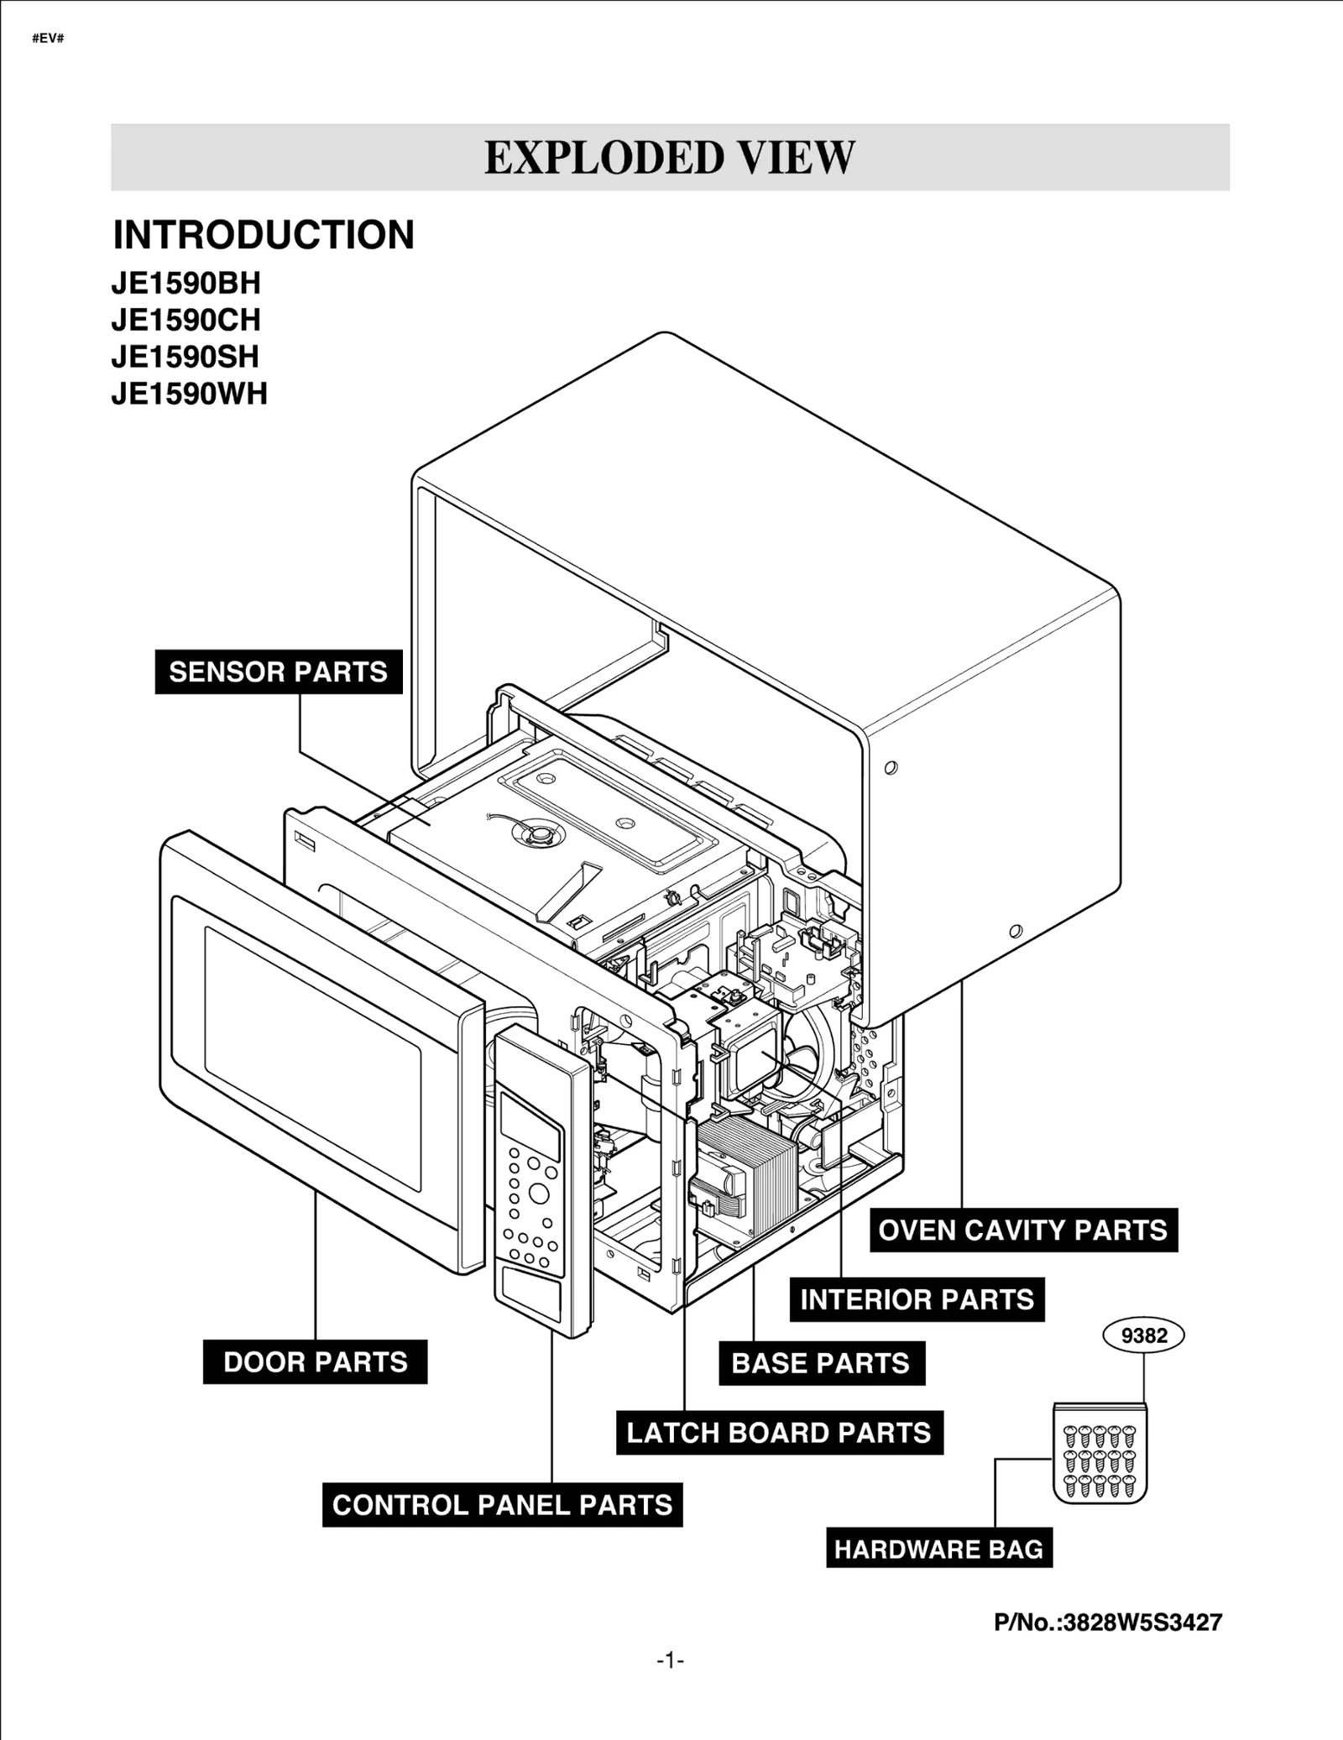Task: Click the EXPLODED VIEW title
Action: (x=669, y=158)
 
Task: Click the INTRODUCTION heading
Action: (x=264, y=235)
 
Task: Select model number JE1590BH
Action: (x=186, y=284)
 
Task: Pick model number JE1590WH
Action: (x=189, y=394)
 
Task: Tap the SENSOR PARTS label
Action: (x=278, y=672)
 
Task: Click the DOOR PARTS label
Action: (x=315, y=1361)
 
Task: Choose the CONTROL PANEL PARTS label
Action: (x=502, y=1505)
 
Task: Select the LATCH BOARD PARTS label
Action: (x=779, y=1433)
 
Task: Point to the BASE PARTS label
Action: (x=821, y=1363)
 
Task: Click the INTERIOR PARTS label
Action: (x=917, y=1299)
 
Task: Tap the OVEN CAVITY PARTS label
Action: (x=1022, y=1230)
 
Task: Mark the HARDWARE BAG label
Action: (x=938, y=1549)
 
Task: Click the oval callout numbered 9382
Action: (x=1143, y=1335)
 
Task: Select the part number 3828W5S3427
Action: (x=1108, y=1622)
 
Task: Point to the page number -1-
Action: (x=670, y=1660)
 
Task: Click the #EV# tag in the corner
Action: (x=48, y=39)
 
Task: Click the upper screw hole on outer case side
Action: (x=891, y=767)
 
